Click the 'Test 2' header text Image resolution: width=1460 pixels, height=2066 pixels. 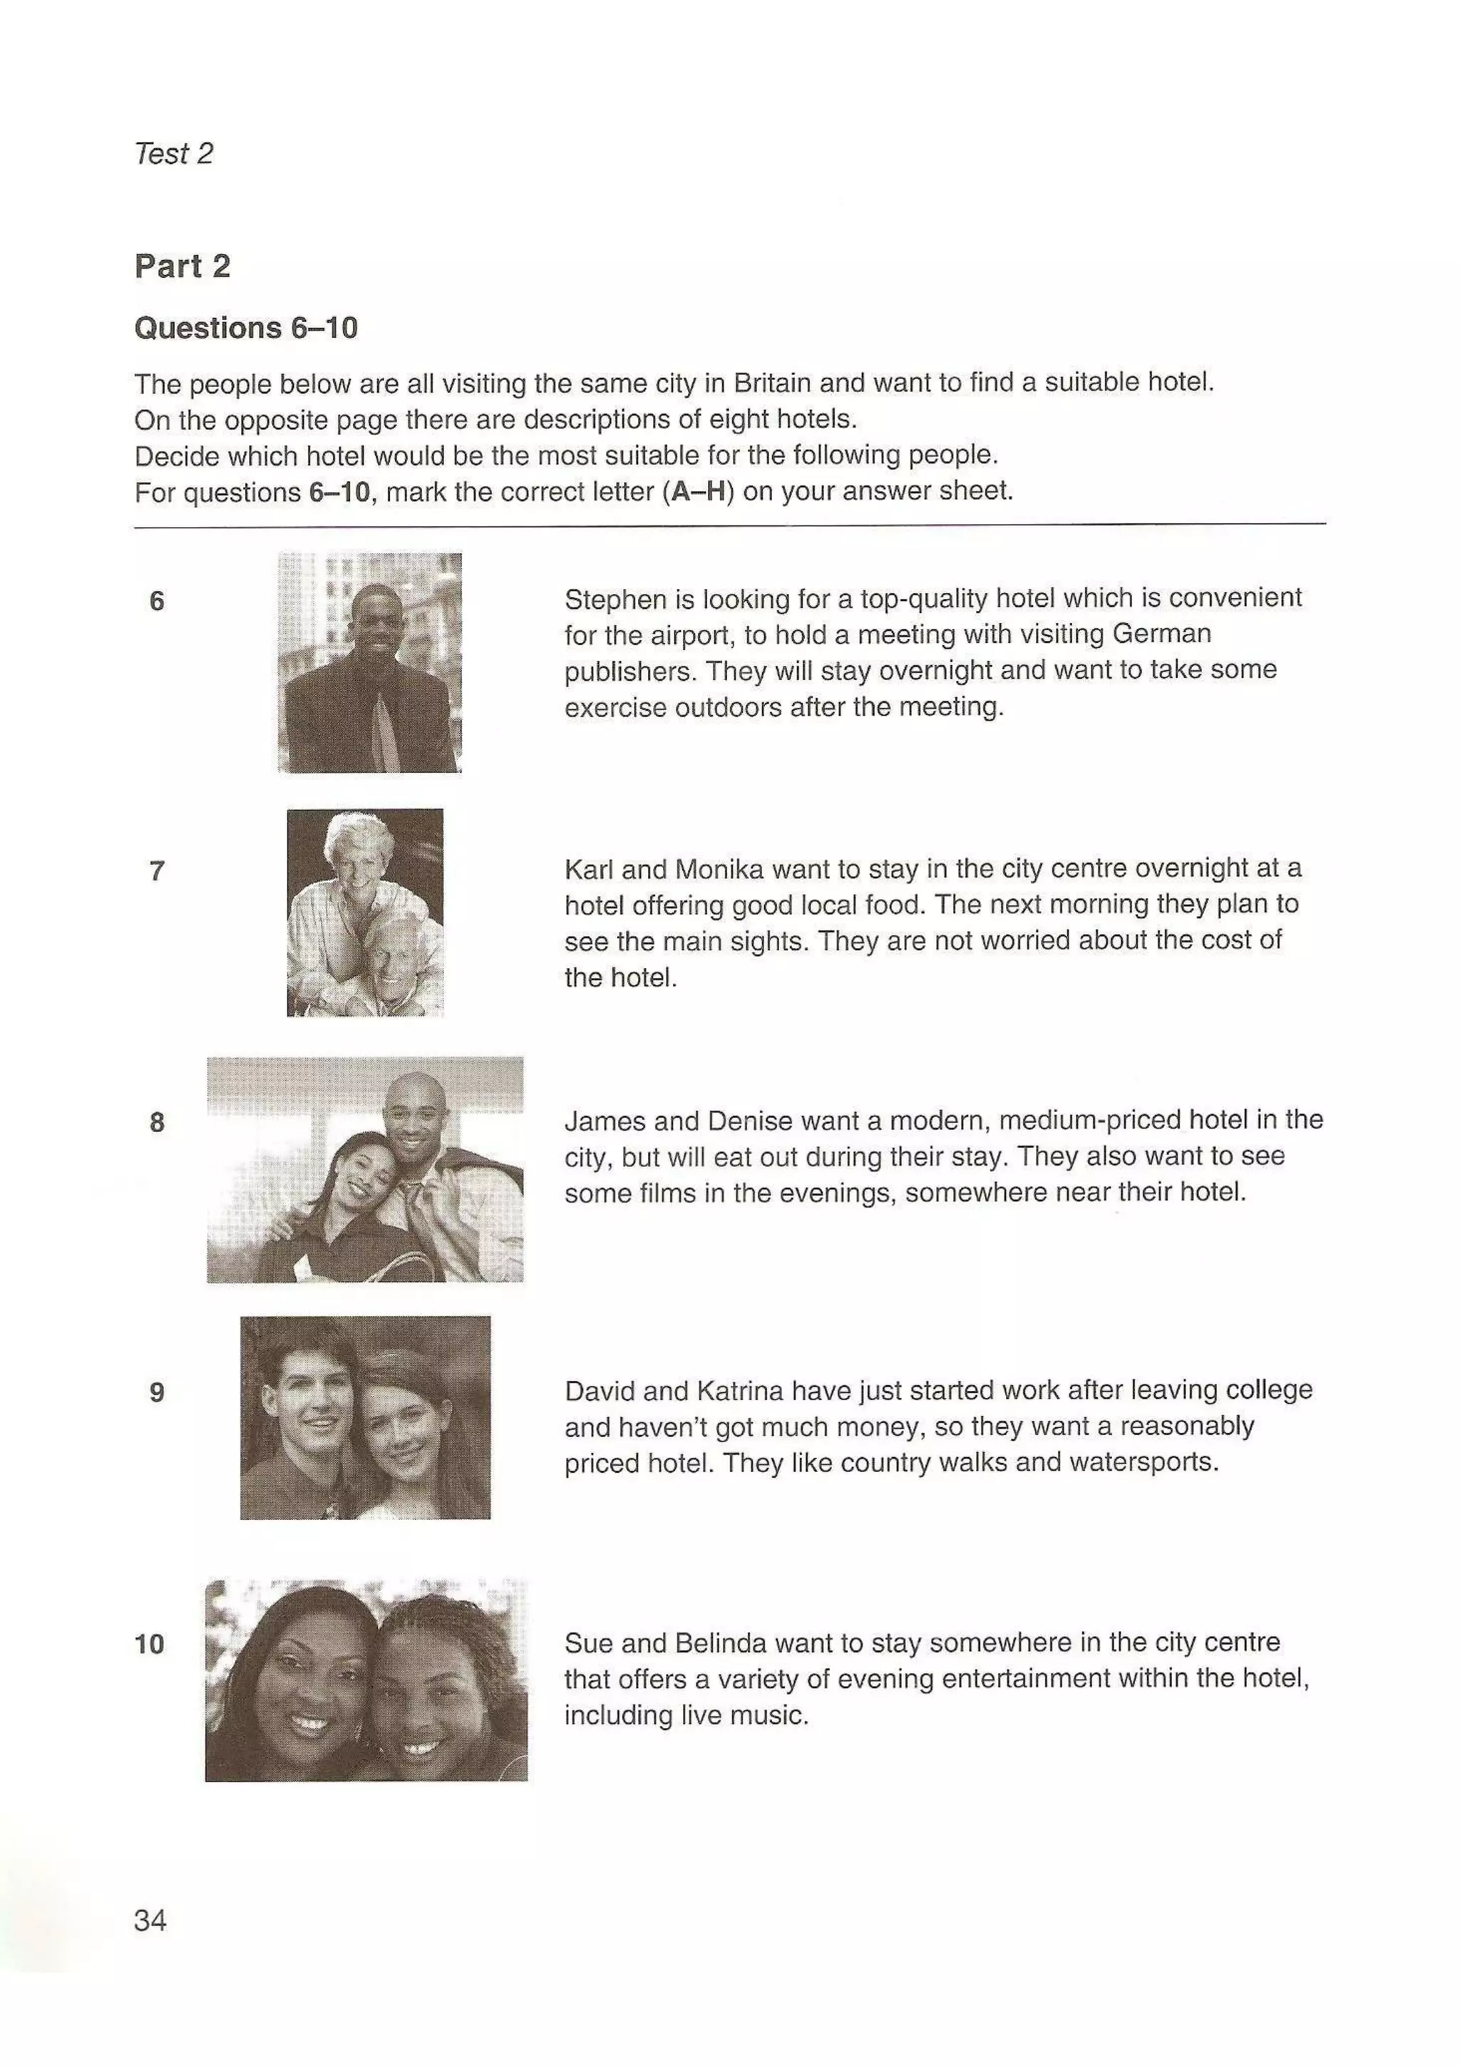click(174, 154)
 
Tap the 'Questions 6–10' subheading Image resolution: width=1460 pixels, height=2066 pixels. click(245, 327)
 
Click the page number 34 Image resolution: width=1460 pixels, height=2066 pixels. click(150, 1921)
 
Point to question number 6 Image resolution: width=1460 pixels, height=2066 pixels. click(157, 601)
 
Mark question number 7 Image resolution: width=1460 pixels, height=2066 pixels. click(157, 871)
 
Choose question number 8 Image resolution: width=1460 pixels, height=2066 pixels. click(157, 1122)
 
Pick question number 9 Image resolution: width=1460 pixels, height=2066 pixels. click(157, 1393)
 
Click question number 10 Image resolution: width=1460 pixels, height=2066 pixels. click(149, 1644)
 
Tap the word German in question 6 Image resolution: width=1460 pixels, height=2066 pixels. click(1161, 634)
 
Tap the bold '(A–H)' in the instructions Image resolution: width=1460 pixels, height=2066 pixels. click(698, 492)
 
